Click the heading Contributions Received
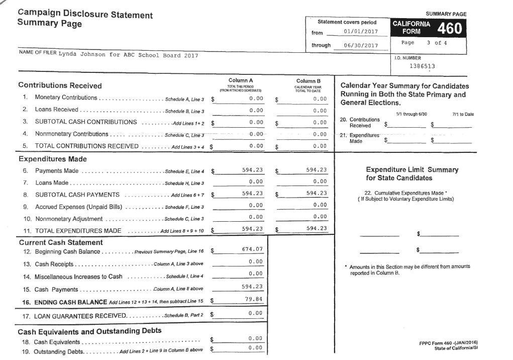tap(60, 85)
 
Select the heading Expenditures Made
tap(51, 159)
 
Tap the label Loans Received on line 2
tap(56, 110)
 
